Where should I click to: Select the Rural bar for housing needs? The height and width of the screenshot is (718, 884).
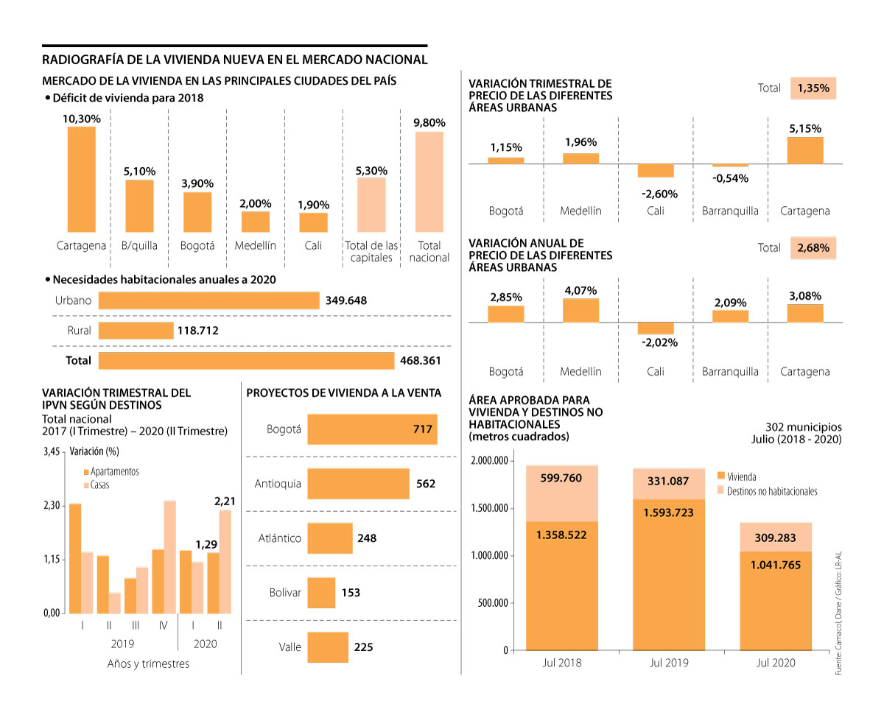[x=136, y=331]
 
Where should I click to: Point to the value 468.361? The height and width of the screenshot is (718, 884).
[x=421, y=361]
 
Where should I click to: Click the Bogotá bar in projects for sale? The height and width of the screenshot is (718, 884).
[x=372, y=429]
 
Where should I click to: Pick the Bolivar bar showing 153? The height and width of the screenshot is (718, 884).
[x=321, y=592]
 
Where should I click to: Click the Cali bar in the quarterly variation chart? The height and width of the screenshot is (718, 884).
[x=656, y=171]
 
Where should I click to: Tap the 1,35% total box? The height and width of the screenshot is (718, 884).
[x=813, y=88]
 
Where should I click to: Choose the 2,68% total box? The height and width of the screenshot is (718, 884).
[x=813, y=247]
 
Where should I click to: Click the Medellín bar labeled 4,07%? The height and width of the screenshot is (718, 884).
[x=580, y=310]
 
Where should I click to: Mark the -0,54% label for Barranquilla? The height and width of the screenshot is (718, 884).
[x=729, y=178]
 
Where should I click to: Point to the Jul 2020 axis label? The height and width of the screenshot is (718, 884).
[x=776, y=663]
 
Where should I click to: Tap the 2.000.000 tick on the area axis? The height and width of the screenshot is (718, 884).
[x=489, y=461]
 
